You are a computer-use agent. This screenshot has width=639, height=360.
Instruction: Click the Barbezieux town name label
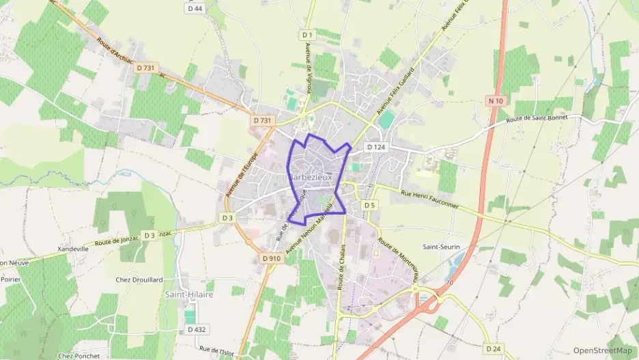click(x=314, y=176)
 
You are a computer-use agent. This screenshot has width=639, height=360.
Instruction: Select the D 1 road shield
click(x=307, y=35)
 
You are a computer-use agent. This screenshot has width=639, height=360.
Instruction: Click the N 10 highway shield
click(x=496, y=101)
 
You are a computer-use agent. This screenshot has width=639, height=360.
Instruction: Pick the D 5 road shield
click(x=369, y=205)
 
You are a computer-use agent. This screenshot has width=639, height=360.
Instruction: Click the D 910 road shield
click(x=272, y=259)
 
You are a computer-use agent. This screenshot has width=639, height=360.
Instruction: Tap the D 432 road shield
click(x=195, y=329)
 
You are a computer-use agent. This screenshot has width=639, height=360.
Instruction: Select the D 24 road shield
click(x=493, y=348)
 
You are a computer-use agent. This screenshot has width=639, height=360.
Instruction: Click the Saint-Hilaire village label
click(x=189, y=294)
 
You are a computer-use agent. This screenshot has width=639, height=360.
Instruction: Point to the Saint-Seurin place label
click(x=441, y=247)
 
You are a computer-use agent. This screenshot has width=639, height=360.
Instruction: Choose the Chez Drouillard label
click(x=139, y=279)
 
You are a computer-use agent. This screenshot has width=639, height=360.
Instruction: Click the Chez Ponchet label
click(x=79, y=356)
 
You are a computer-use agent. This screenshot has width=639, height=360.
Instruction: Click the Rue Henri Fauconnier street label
click(x=430, y=199)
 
